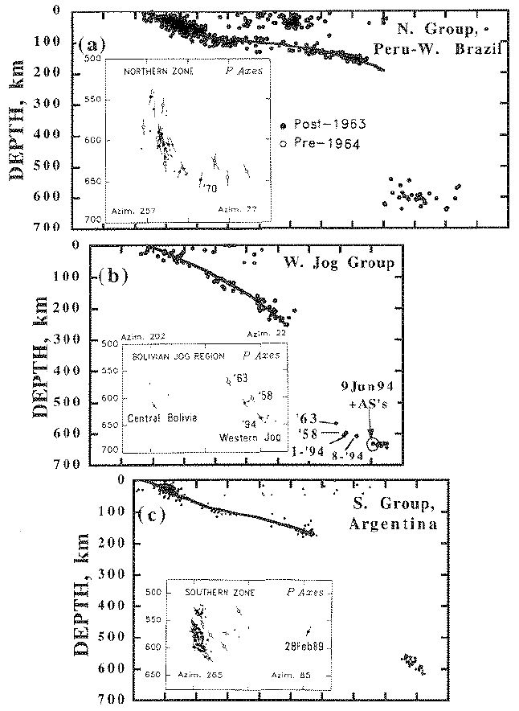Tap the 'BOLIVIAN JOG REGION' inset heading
click(166, 355)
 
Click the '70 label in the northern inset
click(210, 187)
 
